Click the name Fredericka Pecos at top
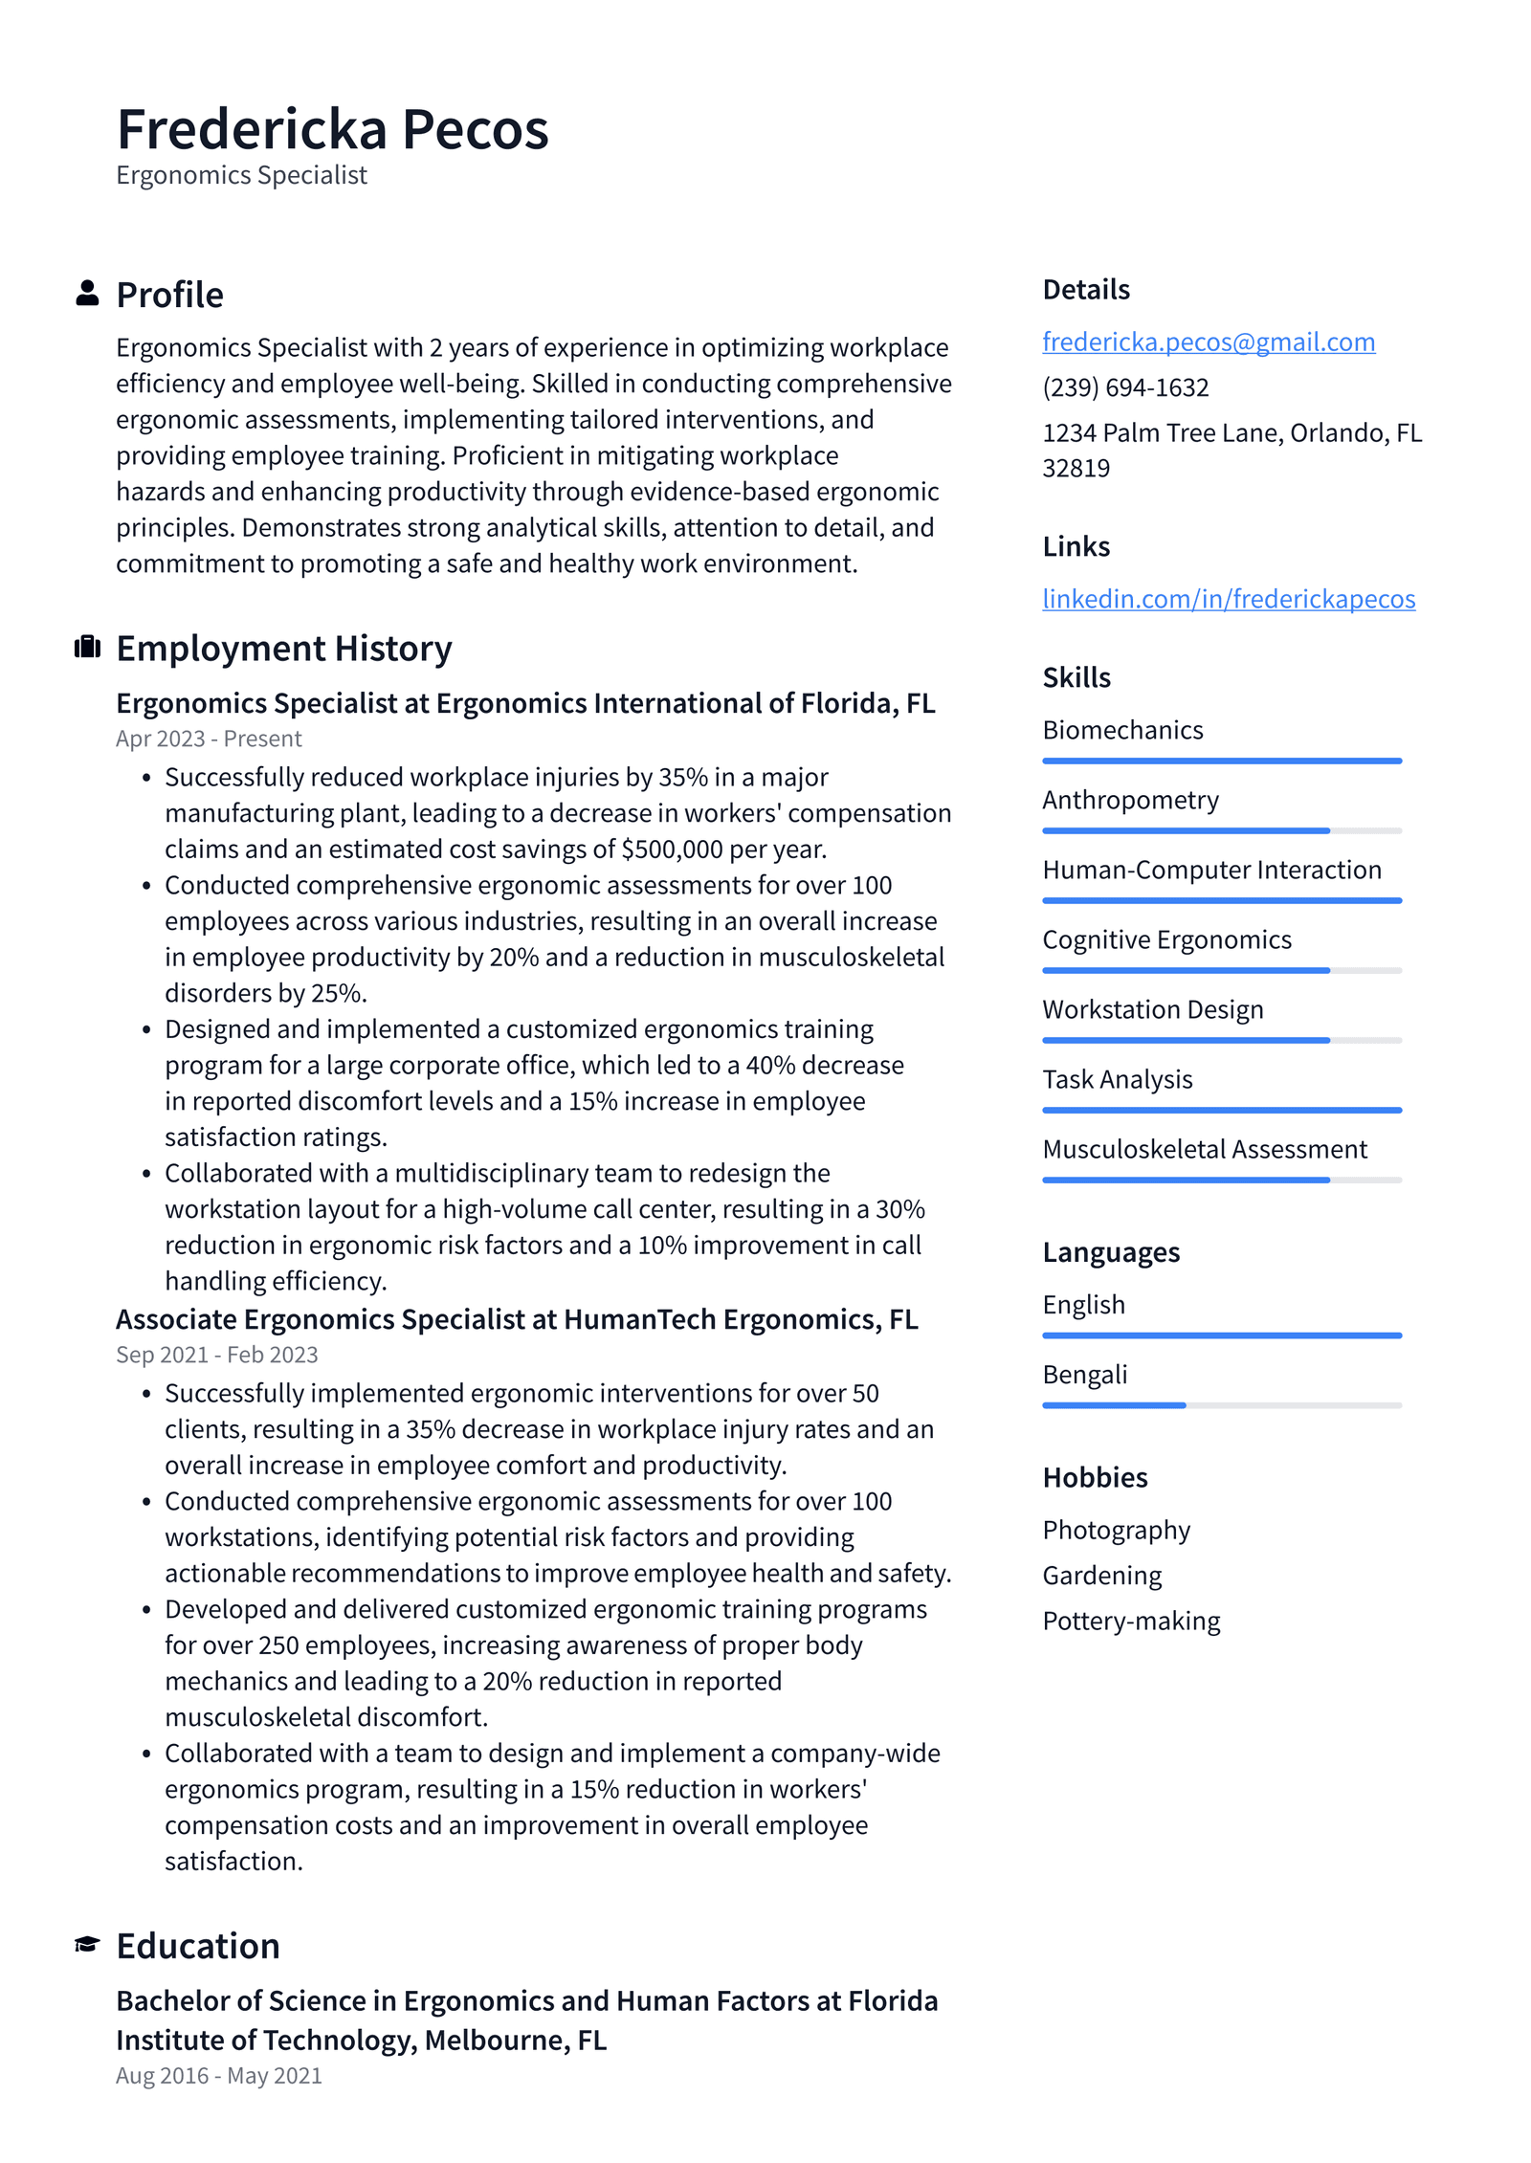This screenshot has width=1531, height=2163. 332,129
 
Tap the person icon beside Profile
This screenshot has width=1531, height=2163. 87,293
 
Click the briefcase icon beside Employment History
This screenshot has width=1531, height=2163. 87,647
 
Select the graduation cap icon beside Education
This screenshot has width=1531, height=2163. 87,1944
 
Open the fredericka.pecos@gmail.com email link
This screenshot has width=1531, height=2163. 1208,342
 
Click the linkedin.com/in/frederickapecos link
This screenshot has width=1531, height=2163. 1228,599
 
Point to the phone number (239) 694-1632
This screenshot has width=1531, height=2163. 1125,387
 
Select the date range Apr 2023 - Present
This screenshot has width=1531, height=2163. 209,739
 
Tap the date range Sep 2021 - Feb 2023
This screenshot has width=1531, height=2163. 216,1355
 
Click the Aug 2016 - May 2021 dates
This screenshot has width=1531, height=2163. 218,2075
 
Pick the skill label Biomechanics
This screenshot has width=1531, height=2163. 1122,730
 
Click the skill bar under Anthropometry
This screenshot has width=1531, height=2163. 1221,830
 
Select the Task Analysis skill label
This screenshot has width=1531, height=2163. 1117,1079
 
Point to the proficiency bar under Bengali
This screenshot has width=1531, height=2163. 1221,1405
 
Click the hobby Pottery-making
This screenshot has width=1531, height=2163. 1131,1621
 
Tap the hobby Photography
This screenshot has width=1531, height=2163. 1116,1530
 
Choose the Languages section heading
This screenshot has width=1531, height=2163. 1110,1252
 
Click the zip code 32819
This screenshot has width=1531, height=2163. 1076,469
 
